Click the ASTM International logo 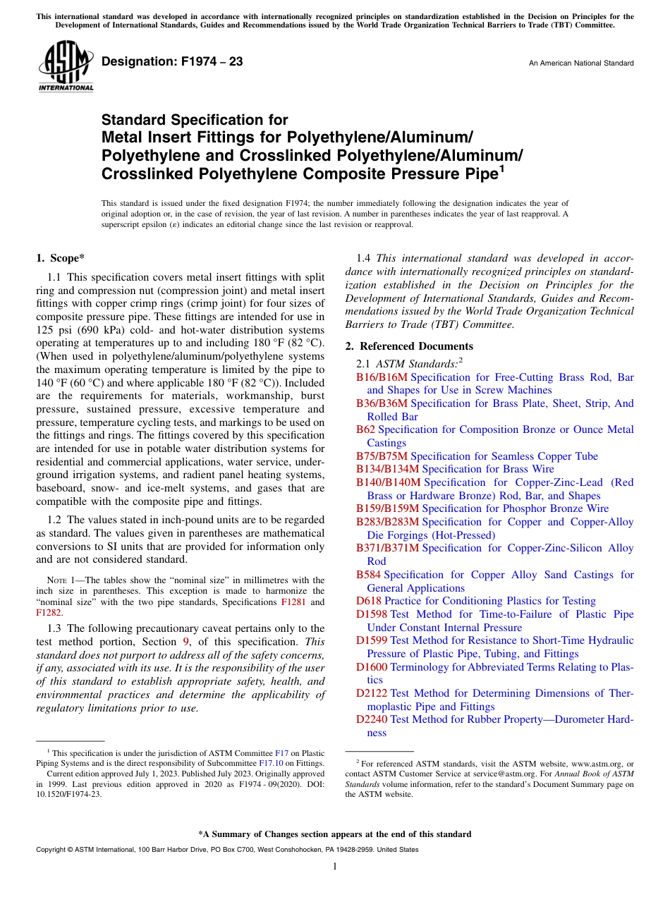[65, 66]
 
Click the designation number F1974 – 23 [172, 62]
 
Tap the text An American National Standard [580, 63]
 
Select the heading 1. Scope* [61, 259]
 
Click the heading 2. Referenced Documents [409, 346]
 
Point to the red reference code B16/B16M [382, 377]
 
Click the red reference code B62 [365, 429]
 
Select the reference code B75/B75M [382, 456]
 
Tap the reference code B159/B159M [387, 508]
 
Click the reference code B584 [368, 575]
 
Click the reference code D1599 [372, 640]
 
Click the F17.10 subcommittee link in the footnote [271, 763]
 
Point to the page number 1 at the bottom [335, 867]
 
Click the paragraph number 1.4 [365, 259]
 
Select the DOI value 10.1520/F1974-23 [68, 793]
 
